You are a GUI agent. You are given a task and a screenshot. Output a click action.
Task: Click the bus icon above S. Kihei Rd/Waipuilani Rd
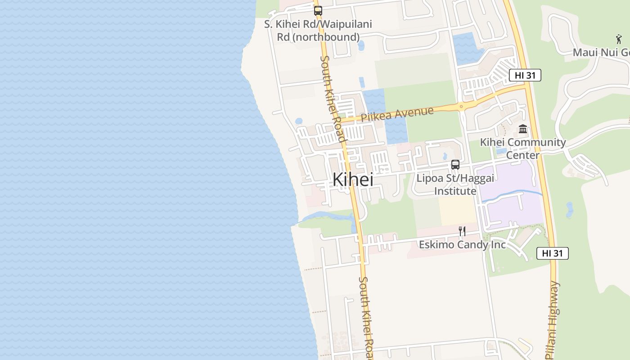click(318, 10)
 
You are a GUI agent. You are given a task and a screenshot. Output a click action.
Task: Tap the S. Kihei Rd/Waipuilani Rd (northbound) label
click(318, 31)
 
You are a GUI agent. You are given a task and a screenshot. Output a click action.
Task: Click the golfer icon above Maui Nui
click(619, 39)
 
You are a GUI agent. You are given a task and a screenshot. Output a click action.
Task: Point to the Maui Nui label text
click(601, 53)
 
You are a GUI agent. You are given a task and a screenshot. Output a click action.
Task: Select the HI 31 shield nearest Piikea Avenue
click(525, 75)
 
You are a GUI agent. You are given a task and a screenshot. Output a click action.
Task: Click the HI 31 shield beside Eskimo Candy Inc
click(552, 253)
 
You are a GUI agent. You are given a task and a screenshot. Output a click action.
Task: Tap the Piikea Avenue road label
click(397, 114)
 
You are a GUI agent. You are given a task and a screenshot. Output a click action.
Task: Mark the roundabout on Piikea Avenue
click(462, 107)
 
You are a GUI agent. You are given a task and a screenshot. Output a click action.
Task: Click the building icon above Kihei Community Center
click(523, 129)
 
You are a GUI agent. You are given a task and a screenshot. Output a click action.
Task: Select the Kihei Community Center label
click(523, 148)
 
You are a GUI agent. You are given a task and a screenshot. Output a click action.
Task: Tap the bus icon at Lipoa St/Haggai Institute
click(455, 165)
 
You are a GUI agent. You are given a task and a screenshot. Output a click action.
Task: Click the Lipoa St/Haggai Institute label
click(455, 184)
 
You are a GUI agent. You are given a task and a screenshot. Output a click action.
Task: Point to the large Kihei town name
click(353, 180)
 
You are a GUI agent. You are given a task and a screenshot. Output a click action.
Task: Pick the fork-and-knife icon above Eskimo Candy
click(462, 231)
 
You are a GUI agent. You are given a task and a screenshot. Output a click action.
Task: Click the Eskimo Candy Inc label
click(462, 245)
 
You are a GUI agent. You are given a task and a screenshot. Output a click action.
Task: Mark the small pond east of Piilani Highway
click(570, 210)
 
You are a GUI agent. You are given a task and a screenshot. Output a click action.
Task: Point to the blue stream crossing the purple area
click(513, 194)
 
